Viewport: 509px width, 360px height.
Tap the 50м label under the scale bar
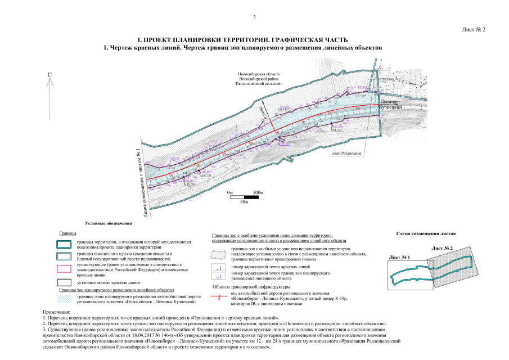pos(244,201)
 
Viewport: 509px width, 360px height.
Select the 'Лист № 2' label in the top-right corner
pos(474,29)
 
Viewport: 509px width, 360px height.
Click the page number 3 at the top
pos(255,17)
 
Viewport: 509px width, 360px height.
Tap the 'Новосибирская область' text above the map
pos(259,74)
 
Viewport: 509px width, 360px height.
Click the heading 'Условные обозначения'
pos(107,223)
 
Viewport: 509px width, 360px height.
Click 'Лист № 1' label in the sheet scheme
pos(399,257)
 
